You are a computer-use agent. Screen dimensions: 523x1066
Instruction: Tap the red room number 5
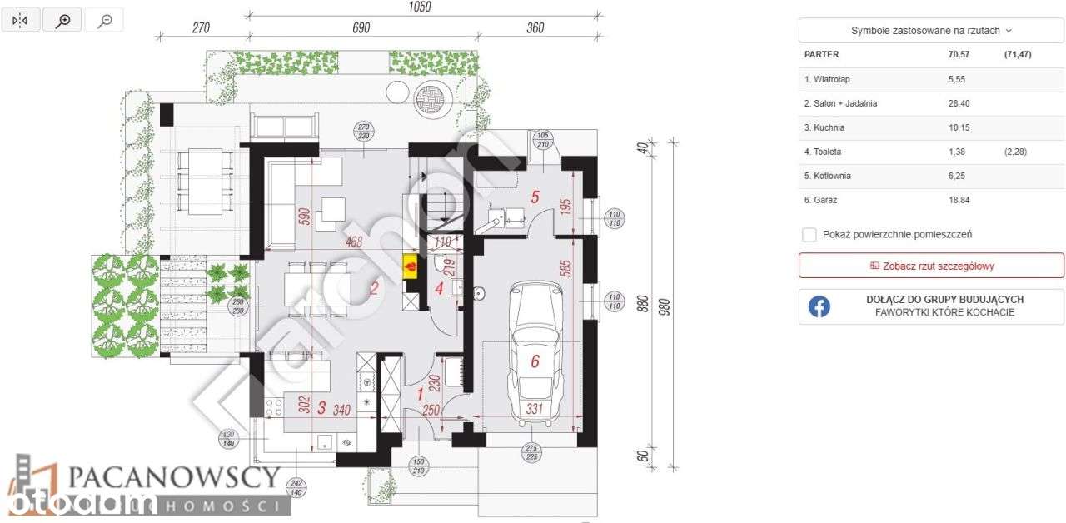tap(536, 197)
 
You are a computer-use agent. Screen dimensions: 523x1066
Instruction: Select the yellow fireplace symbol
tap(411, 266)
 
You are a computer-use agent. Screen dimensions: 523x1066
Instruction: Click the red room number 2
tap(375, 289)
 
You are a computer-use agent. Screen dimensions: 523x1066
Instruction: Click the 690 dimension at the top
tap(360, 27)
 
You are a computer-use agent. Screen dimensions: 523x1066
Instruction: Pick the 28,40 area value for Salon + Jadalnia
tap(959, 103)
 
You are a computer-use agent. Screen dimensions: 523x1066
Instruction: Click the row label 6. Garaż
tap(821, 200)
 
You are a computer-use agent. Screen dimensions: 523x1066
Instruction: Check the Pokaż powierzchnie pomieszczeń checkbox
tap(809, 235)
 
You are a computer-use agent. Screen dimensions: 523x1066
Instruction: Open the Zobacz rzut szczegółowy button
tap(931, 266)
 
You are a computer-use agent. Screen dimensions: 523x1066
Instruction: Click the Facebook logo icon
tap(819, 306)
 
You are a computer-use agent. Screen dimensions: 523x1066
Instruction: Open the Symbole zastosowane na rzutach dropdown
tap(931, 30)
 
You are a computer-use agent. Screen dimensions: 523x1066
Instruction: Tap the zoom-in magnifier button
tap(62, 21)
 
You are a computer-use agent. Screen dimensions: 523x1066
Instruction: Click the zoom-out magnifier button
tap(105, 21)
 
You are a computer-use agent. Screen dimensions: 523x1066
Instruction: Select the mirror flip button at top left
tap(21, 21)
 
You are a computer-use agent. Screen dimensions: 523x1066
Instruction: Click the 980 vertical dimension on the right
tap(665, 309)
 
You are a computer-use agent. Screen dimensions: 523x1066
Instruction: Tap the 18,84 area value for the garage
tap(959, 200)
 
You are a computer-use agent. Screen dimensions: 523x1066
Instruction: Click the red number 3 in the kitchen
tap(321, 408)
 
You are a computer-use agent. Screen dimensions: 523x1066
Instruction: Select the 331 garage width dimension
tap(535, 409)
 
